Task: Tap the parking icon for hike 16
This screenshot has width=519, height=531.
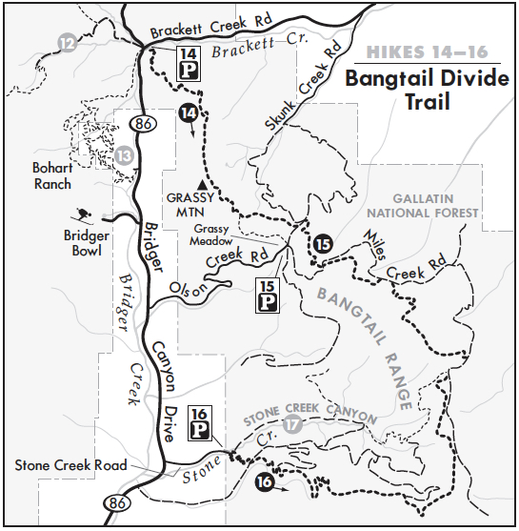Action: (200, 424)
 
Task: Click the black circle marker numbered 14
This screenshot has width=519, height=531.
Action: (190, 112)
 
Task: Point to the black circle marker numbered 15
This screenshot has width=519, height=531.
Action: (325, 244)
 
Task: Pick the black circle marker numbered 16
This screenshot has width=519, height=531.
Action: (266, 483)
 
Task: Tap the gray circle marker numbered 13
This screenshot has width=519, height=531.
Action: (125, 154)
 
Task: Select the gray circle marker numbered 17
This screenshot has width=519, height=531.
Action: (291, 423)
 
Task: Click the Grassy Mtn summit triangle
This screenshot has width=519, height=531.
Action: (201, 183)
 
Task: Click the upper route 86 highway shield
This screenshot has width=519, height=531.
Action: (144, 122)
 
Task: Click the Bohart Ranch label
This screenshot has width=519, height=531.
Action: (52, 175)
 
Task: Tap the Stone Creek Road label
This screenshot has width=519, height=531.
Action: (70, 466)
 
